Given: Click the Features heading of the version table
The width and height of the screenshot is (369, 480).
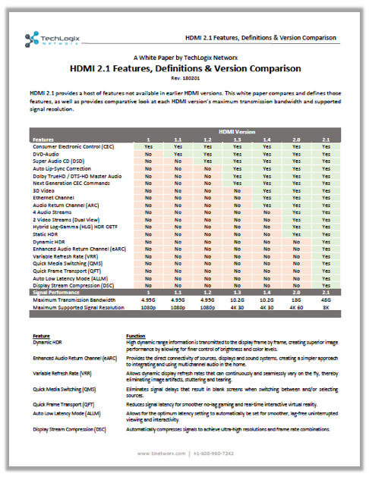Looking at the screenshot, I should tap(43, 140).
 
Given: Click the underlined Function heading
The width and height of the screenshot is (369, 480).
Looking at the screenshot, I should tap(137, 334).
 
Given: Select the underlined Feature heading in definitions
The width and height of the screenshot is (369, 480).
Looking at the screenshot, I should tap(41, 334).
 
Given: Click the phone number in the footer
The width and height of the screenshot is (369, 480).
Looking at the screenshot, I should tap(216, 453).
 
